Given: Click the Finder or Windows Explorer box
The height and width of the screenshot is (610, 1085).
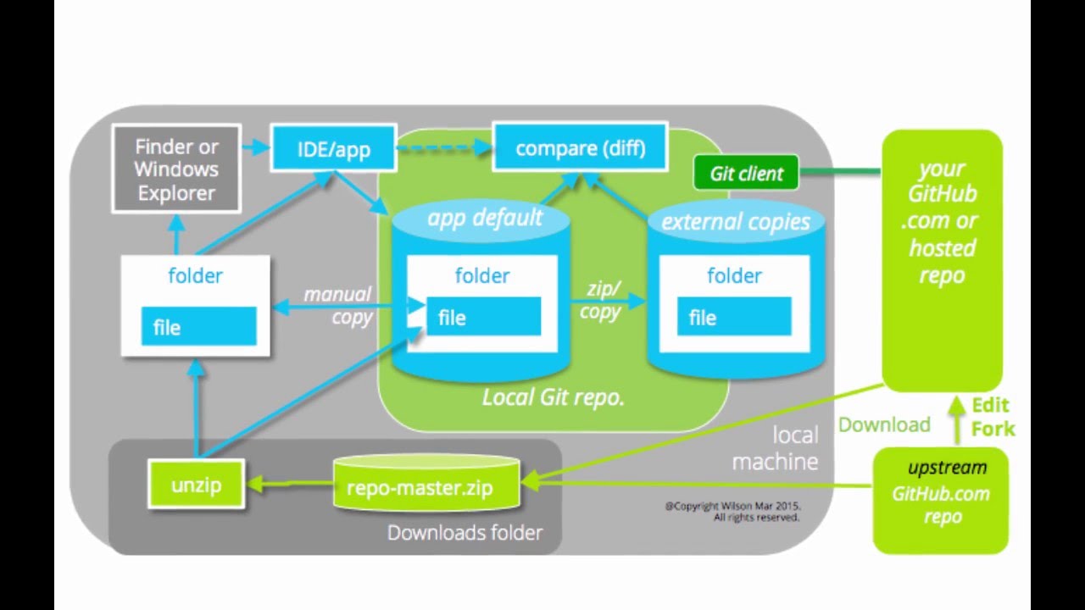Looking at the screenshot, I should [x=176, y=169].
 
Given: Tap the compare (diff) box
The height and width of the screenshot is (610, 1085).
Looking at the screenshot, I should [x=580, y=148].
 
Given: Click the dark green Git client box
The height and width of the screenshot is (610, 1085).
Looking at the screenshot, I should [x=746, y=174].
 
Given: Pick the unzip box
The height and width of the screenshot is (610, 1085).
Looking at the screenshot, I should [x=196, y=485].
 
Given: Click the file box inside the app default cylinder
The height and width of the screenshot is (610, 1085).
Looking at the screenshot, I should [x=483, y=318].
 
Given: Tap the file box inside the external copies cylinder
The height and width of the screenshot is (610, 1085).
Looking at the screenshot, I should [x=734, y=318].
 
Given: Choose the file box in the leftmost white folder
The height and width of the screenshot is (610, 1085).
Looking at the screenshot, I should [x=198, y=327].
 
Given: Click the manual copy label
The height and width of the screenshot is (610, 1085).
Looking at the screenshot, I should [x=338, y=306].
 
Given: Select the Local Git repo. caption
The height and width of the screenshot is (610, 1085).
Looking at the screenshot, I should [x=553, y=397].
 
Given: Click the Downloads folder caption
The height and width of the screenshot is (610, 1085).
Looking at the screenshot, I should [x=465, y=533].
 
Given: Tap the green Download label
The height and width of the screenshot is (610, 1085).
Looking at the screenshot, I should [x=884, y=424].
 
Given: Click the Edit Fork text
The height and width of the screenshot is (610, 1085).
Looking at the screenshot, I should [x=992, y=417].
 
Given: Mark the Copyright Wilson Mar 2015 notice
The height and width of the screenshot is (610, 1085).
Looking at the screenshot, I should [x=732, y=512].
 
